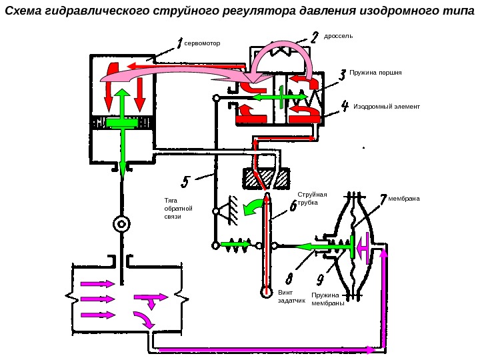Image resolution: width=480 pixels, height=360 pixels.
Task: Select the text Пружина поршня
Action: coord(375,71)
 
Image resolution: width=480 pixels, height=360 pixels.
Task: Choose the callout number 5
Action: coord(185,181)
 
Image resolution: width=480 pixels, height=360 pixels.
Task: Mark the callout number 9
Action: coord(320,278)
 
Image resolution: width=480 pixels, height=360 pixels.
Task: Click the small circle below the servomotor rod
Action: coord(121,223)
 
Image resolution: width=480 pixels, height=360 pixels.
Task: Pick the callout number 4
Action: coord(345,105)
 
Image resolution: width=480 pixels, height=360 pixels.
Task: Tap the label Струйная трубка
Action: coord(307,199)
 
